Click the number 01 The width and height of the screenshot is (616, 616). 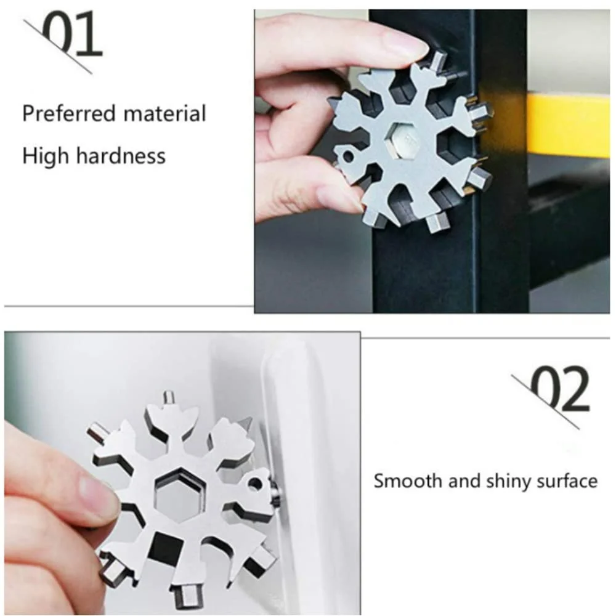coord(72,33)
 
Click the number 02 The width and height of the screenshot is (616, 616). coord(559,388)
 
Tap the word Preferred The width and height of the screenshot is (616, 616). coord(69,114)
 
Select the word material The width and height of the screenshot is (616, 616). coord(164,113)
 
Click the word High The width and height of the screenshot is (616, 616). coord(46,156)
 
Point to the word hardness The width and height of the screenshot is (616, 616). coord(121,156)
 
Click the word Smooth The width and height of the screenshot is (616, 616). coord(407,480)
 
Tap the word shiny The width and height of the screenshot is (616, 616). coord(508,482)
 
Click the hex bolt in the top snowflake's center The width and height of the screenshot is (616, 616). coord(407,141)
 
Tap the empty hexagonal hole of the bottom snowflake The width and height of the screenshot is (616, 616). coord(180,495)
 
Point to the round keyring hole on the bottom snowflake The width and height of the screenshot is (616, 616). coord(256,483)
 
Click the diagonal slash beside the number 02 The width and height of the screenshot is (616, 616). coord(545,402)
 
